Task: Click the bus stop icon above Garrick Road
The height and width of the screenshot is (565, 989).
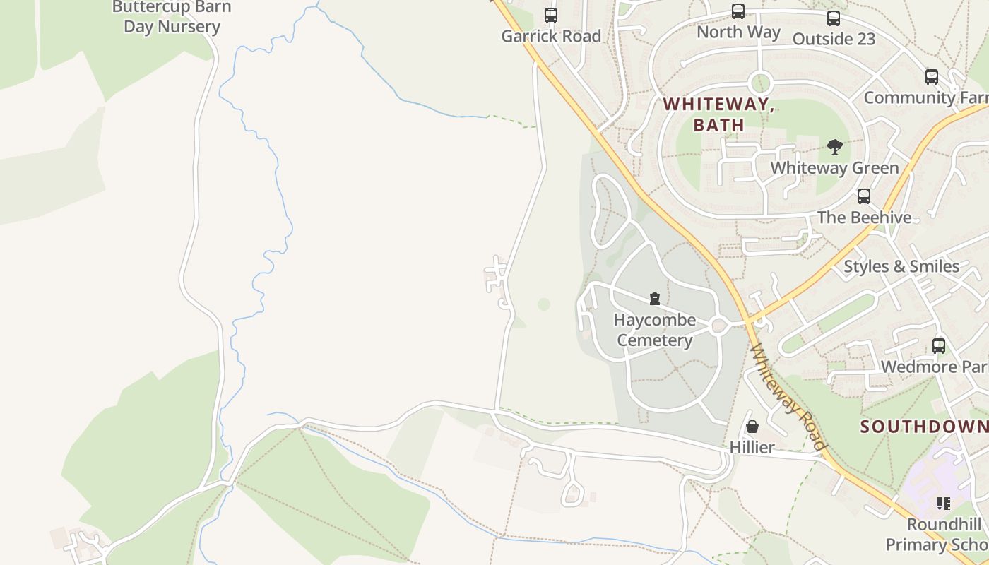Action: [x=550, y=15]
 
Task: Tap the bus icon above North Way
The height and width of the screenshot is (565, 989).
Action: [x=738, y=11]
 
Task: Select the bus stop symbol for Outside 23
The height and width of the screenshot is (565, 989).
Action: [x=834, y=18]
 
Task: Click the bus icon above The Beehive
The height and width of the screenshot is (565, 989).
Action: [x=863, y=196]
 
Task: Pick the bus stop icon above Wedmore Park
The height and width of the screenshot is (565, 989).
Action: [x=938, y=346]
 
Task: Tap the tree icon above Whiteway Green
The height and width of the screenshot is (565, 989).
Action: [x=834, y=147]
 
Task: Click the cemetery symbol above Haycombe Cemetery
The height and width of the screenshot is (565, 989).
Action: [x=655, y=299]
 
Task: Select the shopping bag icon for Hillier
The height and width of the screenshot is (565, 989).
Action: [x=752, y=427]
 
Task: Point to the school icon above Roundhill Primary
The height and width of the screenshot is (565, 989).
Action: [x=943, y=504]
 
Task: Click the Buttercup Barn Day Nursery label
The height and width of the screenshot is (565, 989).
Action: [x=172, y=18]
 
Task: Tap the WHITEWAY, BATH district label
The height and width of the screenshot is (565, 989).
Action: [x=718, y=114]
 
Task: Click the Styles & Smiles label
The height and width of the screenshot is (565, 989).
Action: [x=901, y=266]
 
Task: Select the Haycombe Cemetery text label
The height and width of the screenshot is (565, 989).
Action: [x=654, y=330]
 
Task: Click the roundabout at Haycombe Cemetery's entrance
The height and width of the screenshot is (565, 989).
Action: [x=720, y=325]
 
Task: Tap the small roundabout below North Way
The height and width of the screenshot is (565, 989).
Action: [x=759, y=83]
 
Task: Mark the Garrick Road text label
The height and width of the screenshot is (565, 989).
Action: [x=551, y=36]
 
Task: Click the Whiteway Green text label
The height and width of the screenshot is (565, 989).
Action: [x=834, y=168]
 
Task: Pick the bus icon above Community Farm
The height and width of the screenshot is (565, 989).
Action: [x=931, y=77]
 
